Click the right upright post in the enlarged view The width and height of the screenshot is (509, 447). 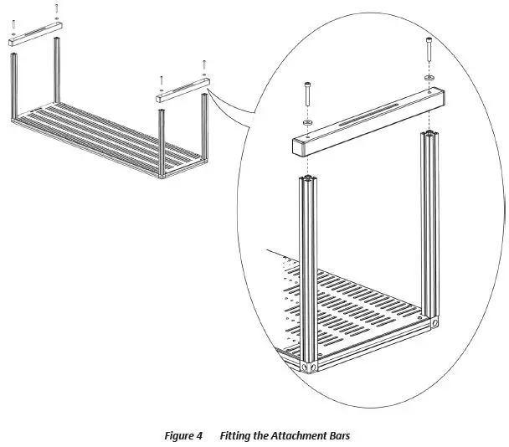tap(430, 226)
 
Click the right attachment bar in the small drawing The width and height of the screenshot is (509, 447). tap(182, 90)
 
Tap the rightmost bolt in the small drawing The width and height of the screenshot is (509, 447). tap(203, 65)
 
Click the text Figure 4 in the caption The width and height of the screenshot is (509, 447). tap(183, 436)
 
